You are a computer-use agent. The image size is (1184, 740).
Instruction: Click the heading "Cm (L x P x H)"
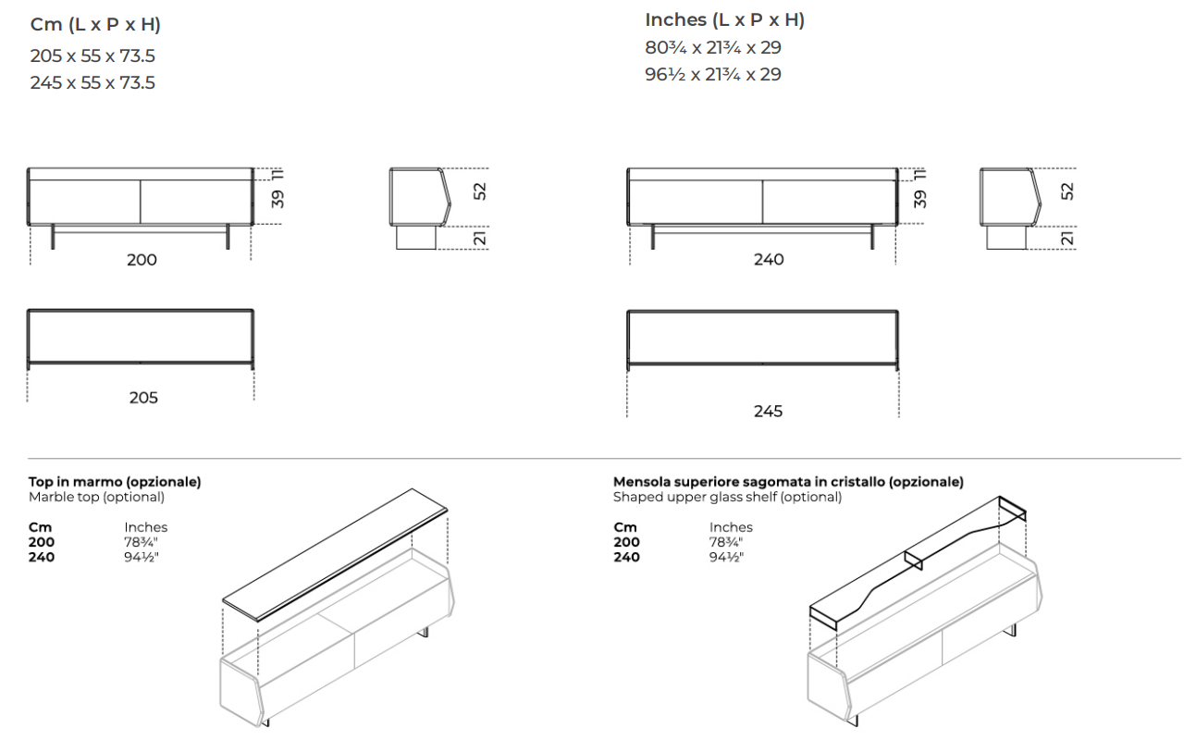[95, 25]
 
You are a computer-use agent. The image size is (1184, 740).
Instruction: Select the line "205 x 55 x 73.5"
[92, 56]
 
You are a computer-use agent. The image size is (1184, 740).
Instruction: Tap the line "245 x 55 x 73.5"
[92, 83]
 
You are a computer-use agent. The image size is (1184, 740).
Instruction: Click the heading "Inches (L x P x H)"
[724, 20]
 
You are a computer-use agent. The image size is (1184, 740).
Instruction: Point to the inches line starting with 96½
[713, 75]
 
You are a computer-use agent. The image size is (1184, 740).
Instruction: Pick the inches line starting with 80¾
[713, 47]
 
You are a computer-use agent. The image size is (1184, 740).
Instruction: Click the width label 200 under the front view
[142, 260]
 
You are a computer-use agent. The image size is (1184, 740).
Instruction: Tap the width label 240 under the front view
[769, 260]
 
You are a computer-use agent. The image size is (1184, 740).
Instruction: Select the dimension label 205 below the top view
[143, 398]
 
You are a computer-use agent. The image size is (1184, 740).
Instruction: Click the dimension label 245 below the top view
[768, 412]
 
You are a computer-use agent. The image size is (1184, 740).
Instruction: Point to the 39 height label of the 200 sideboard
[277, 199]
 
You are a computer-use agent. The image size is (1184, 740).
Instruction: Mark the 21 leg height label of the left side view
[479, 239]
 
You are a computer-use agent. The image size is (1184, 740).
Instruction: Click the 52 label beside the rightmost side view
[1067, 191]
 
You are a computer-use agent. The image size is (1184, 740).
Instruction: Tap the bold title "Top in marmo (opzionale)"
[115, 482]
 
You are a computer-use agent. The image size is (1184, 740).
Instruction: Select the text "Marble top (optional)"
[97, 497]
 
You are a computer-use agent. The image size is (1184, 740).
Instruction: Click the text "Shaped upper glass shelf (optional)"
[727, 497]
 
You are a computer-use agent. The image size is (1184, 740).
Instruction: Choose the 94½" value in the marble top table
[142, 557]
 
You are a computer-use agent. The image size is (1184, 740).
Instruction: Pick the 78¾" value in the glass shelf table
[726, 542]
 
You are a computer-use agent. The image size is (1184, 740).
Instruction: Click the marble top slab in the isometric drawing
[335, 554]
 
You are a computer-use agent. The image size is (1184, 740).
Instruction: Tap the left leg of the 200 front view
[53, 237]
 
